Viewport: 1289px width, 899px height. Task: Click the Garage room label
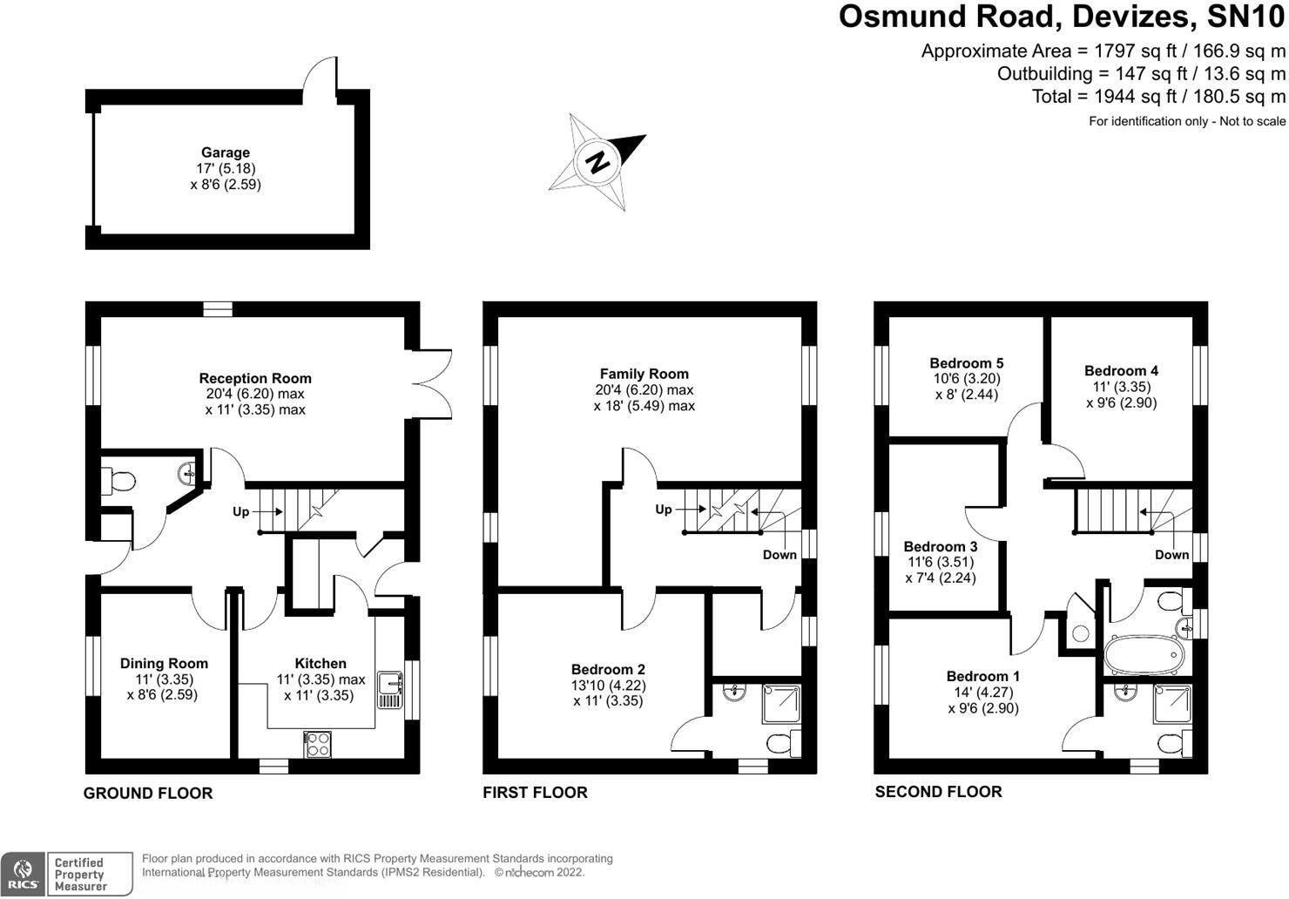pos(226,152)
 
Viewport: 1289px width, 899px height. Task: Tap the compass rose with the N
pos(597,162)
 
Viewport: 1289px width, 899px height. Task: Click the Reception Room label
pos(255,378)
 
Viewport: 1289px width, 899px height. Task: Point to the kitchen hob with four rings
pos(318,745)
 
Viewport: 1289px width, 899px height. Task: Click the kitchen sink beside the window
pos(388,689)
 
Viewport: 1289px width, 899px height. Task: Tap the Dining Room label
pos(164,664)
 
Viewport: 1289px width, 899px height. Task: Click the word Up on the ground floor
pos(241,511)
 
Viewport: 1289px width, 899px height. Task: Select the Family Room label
pos(644,374)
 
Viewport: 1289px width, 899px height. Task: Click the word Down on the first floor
pos(779,555)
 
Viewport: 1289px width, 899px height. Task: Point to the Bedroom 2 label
pos(608,670)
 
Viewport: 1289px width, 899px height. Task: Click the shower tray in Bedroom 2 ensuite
pos(781,705)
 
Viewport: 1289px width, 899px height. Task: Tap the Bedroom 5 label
pos(966,363)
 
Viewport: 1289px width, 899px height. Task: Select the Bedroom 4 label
pos(1121,371)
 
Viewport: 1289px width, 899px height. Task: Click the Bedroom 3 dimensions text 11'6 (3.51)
pos(940,563)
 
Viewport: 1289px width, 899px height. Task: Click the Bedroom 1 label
pos(982,677)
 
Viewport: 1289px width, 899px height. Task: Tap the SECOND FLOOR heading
pos(938,792)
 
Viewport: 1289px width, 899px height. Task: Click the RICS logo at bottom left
pos(23,874)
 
